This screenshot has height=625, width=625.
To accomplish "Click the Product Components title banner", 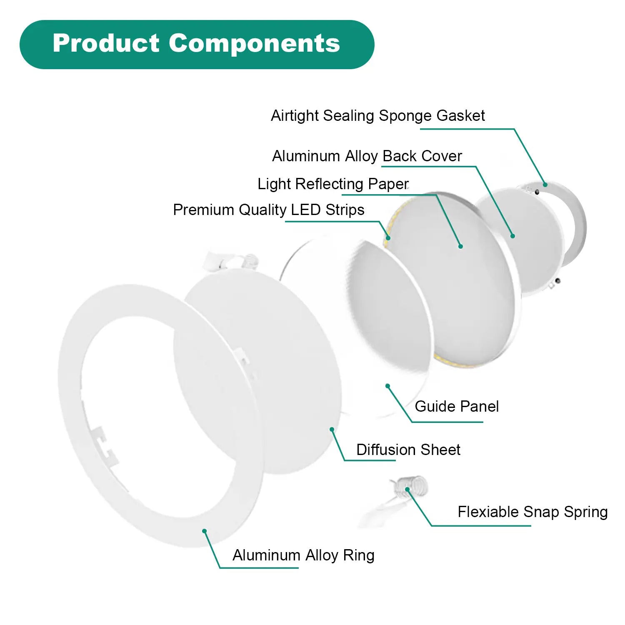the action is tap(197, 45).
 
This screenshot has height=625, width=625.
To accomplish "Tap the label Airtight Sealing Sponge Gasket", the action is tap(378, 115).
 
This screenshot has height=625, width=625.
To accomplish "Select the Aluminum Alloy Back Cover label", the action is tap(367, 156).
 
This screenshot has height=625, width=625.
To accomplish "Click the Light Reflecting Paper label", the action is tap(333, 184).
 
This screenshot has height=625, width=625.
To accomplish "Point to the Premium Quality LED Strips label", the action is tap(269, 210).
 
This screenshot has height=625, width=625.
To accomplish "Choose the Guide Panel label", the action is tap(457, 406).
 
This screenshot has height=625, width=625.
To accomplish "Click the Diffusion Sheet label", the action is tap(408, 450).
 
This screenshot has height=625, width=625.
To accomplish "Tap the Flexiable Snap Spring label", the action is tap(532, 512).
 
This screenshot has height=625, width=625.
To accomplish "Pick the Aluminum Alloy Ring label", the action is tap(303, 555).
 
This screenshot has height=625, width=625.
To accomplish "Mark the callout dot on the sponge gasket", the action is tap(545, 185).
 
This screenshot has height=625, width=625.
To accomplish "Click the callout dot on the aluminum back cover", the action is tap(513, 236).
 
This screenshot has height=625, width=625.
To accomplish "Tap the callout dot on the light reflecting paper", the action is tap(460, 246).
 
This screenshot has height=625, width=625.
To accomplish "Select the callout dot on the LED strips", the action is tap(388, 238).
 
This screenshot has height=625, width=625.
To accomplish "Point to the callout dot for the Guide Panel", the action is tap(387, 386).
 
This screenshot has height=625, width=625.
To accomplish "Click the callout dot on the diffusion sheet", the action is tap(332, 429).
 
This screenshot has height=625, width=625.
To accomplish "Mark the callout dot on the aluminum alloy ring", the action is tap(204, 531).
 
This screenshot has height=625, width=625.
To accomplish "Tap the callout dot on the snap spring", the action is tap(407, 490).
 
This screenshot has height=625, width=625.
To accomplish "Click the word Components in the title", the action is tap(254, 44).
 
